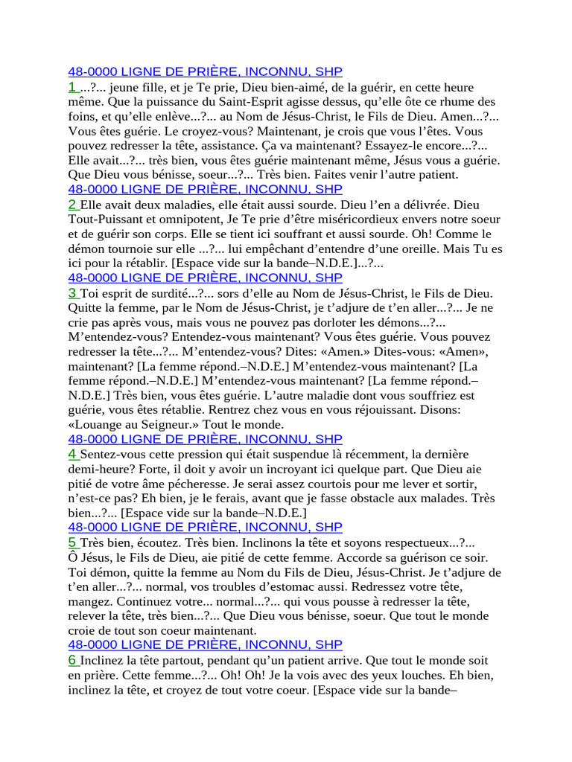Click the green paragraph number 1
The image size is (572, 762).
[x=71, y=88]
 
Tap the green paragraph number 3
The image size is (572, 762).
[x=72, y=293]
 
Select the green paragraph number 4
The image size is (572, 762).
[x=72, y=454]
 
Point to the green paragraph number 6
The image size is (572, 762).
[x=72, y=660]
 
